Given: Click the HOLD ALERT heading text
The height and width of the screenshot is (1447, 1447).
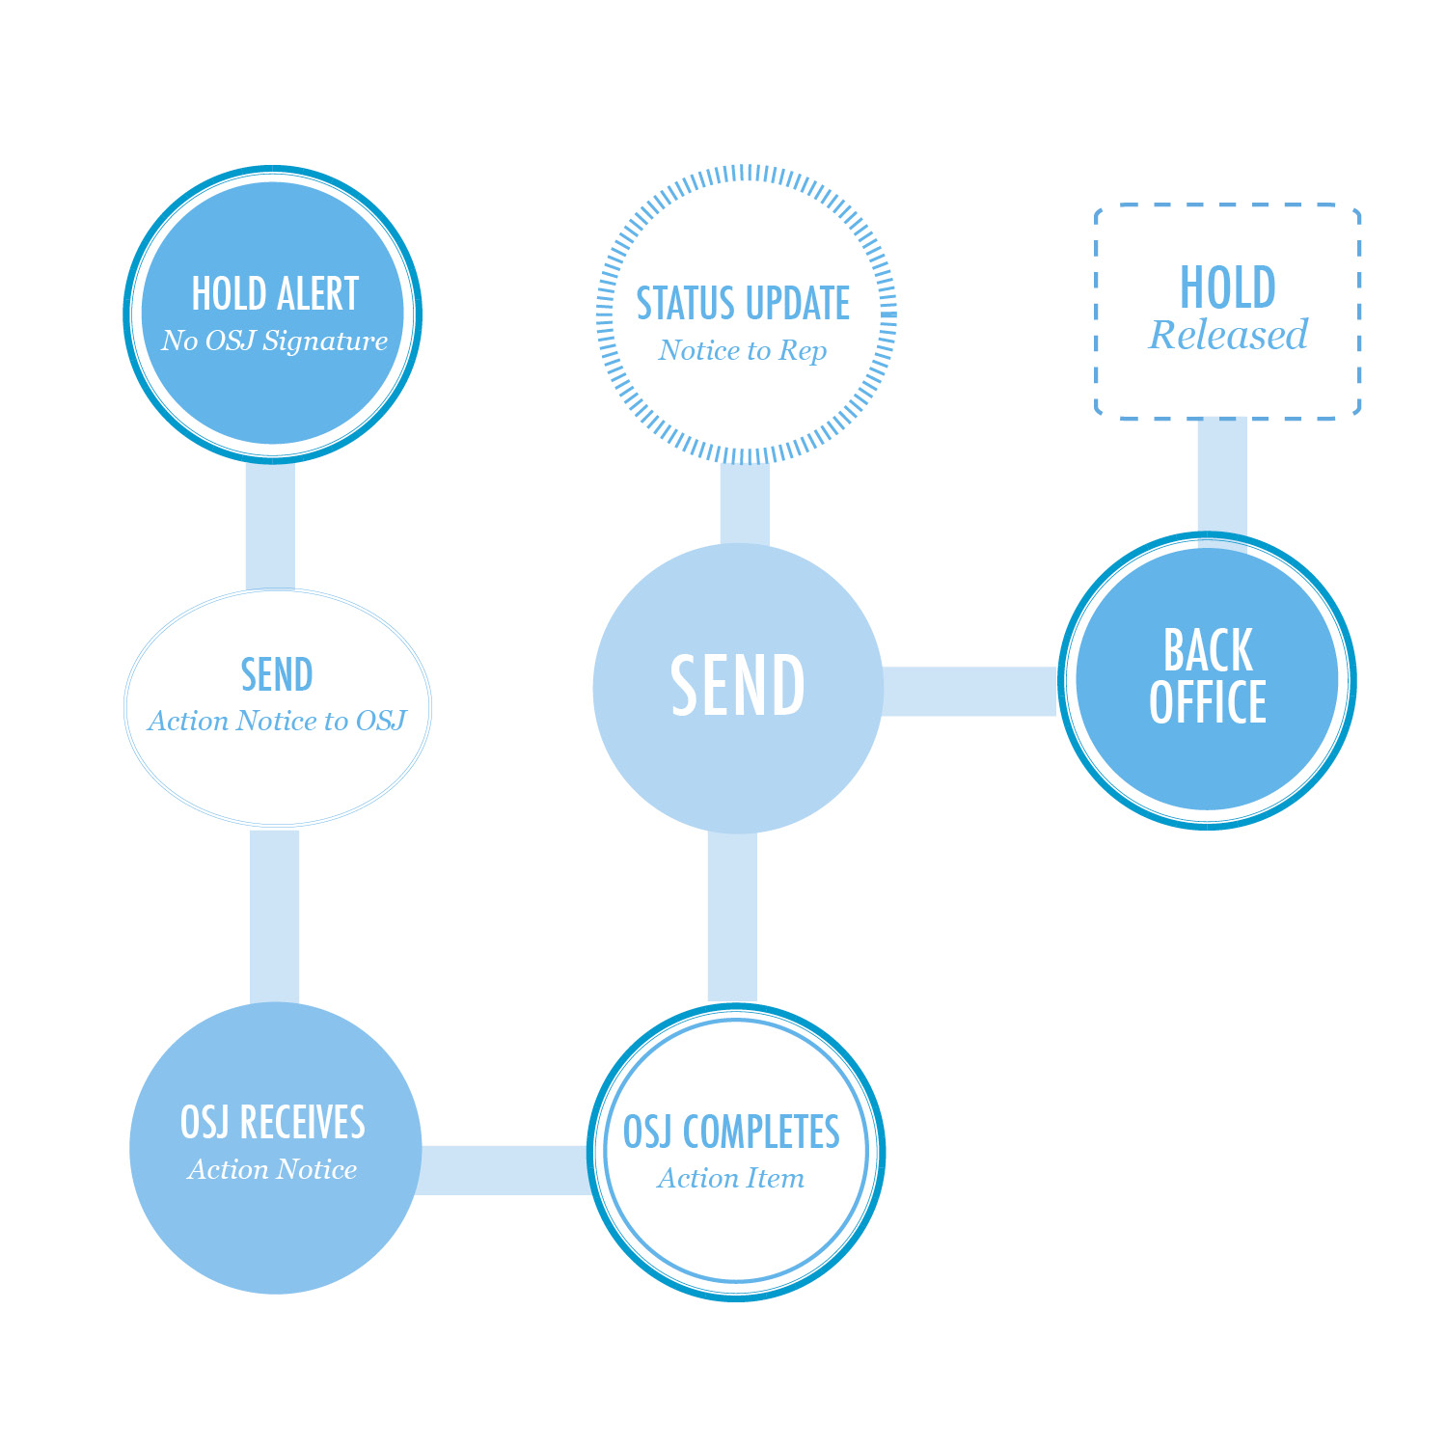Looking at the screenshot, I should [275, 293].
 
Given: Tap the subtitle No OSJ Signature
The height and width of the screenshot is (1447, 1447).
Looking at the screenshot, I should [275, 341].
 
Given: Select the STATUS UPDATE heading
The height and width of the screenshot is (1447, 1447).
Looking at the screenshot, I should [743, 303].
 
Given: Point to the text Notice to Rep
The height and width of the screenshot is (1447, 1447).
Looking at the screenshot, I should [743, 350].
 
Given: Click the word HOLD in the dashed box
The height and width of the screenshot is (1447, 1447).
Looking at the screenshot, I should [1228, 287].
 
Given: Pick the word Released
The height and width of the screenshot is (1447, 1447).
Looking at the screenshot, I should [1228, 335].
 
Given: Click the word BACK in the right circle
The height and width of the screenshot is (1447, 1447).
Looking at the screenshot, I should [1208, 650].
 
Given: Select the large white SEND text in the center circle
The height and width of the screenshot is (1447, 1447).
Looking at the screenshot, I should [738, 686].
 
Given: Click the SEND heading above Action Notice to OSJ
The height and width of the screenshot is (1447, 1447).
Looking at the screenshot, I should [277, 674].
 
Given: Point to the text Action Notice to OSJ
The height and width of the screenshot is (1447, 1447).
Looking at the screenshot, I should [277, 721].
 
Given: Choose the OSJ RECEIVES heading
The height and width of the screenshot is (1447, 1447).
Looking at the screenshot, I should [273, 1122].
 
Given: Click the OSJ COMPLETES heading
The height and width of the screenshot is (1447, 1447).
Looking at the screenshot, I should [731, 1132].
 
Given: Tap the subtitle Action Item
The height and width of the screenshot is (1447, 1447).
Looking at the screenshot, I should [731, 1178].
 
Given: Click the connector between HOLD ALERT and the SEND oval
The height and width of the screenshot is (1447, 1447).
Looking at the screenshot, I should [270, 526].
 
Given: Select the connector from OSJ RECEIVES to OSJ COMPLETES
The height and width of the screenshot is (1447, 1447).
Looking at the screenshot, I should [504, 1170].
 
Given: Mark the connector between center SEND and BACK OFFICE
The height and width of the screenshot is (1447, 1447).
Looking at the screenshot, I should [969, 691].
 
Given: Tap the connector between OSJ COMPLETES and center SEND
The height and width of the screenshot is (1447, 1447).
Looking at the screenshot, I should [732, 916].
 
